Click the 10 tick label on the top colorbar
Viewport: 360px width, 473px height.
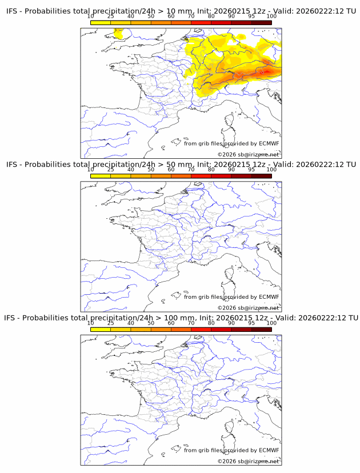[90, 16]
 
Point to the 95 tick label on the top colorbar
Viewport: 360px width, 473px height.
[251, 16]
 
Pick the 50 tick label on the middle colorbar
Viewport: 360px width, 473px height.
[151, 170]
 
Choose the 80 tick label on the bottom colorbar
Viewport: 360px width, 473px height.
[211, 323]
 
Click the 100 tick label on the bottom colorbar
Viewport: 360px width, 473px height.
[271, 323]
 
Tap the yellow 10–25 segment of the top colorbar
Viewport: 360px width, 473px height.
[101, 22]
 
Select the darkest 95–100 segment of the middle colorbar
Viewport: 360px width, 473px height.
[261, 176]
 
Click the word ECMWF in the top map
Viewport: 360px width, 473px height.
[269, 143]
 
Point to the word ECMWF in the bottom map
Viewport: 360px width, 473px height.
[269, 450]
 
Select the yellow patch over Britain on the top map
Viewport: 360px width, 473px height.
[119, 34]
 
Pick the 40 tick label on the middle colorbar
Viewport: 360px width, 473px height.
[131, 170]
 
